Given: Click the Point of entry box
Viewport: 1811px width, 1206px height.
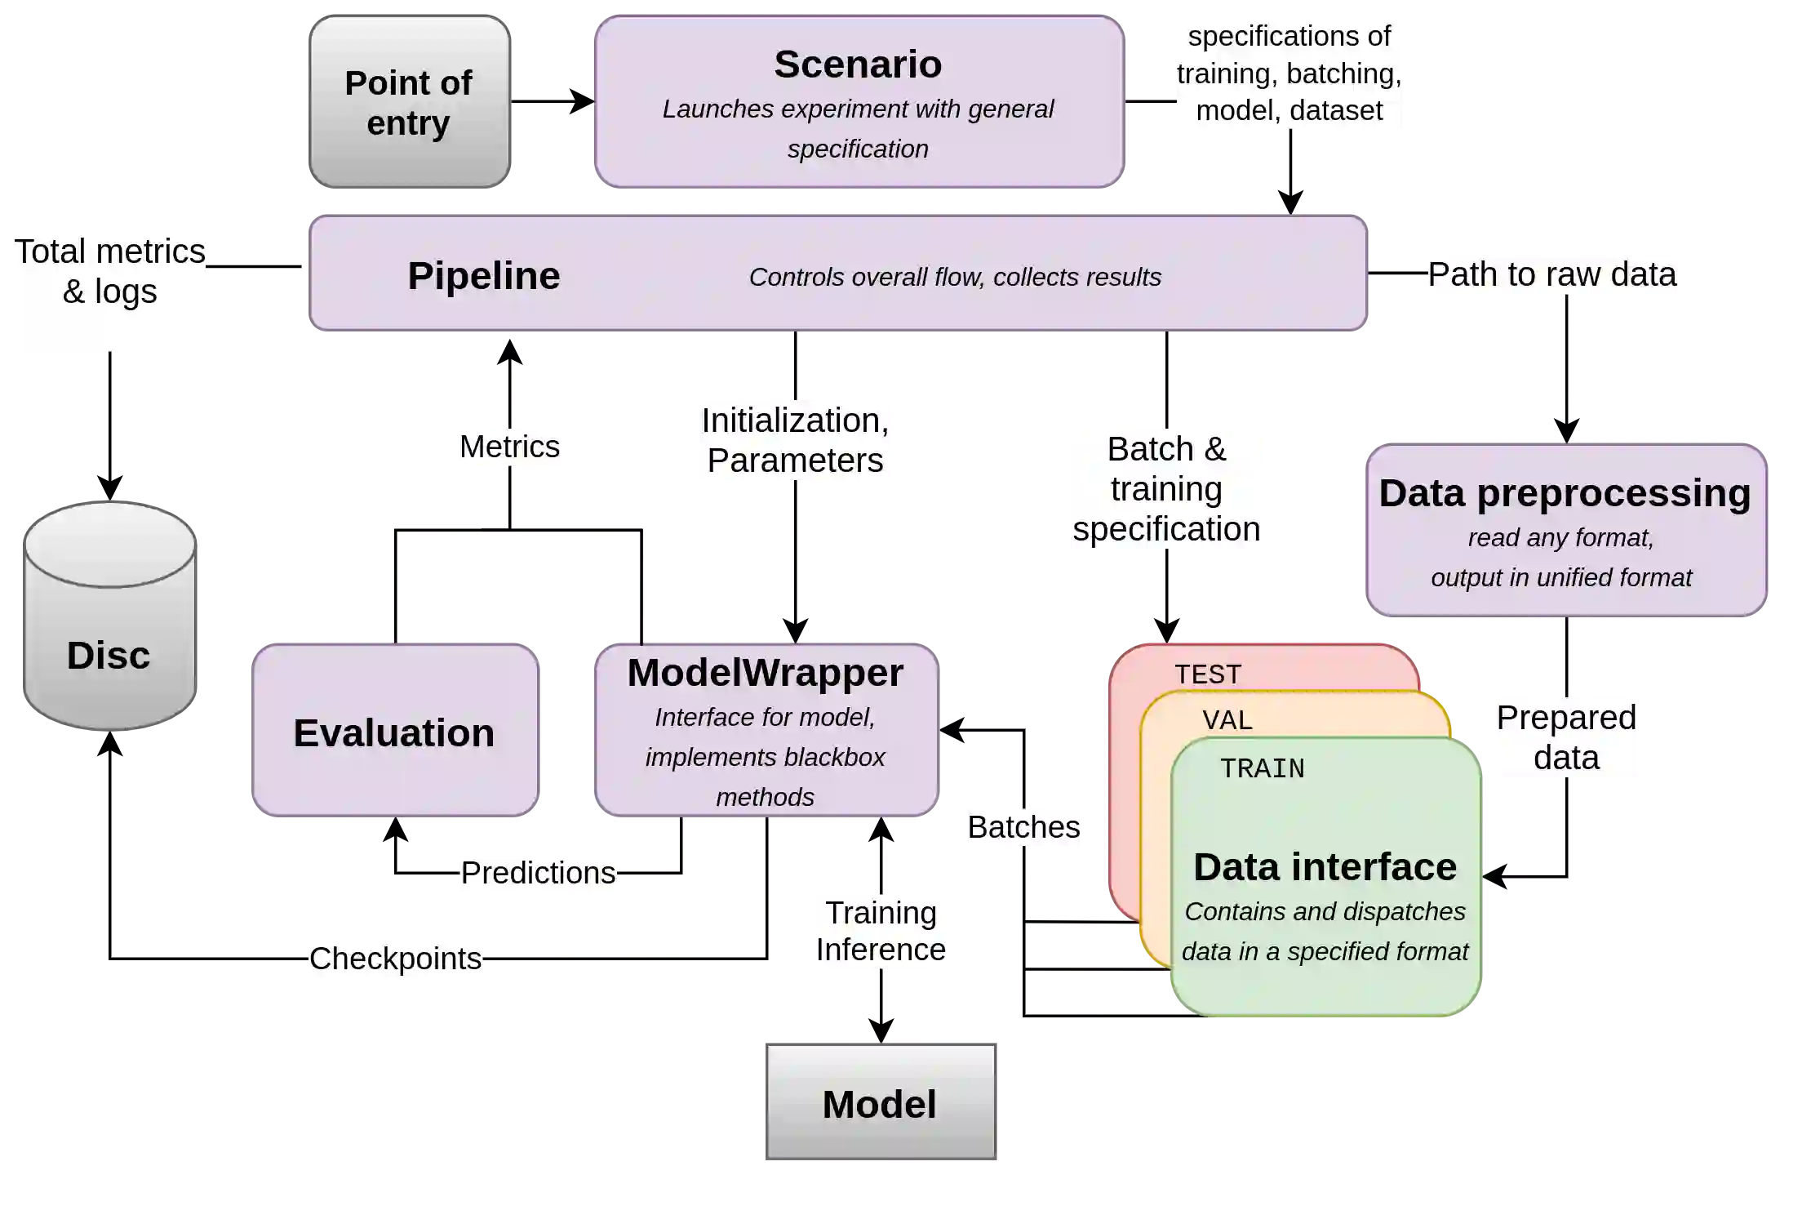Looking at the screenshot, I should [409, 102].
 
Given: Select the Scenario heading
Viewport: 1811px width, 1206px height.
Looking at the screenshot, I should [858, 65].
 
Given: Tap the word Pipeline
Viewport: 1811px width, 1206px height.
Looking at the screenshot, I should [483, 276].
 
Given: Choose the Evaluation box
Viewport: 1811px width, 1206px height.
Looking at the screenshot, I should [395, 732].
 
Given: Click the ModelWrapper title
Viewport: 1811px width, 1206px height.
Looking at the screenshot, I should [766, 673].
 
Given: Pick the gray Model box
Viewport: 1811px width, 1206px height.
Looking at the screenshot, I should [880, 1103].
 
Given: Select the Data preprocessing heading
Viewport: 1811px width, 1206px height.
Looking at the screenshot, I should [1565, 493].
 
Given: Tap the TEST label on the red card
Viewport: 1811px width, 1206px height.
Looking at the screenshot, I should [1208, 674].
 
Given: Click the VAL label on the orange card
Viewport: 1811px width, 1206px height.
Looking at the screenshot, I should [1227, 720].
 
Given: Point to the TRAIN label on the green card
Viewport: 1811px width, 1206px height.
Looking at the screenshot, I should [1262, 768].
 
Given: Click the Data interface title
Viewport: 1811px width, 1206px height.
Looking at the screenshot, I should [1325, 867].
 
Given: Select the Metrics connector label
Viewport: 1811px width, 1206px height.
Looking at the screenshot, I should [509, 447].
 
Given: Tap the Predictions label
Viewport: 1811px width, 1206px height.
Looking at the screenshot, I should [538, 873].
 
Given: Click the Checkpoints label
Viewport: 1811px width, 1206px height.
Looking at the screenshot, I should [395, 958].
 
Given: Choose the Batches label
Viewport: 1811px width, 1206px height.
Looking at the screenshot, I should [1023, 827].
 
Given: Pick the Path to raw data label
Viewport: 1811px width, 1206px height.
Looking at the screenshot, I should [1551, 274].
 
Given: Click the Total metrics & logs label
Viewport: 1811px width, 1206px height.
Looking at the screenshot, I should [110, 272].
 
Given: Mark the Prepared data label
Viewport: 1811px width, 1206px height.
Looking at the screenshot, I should [1566, 737].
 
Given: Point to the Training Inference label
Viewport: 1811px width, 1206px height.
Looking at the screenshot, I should [881, 931].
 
